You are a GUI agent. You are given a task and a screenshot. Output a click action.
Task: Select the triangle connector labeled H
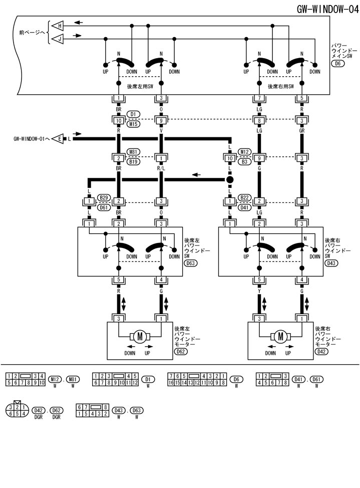58,25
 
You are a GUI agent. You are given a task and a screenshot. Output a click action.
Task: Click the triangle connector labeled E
59,139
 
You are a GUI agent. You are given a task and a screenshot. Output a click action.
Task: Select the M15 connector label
134,124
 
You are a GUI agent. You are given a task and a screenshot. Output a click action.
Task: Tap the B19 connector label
134,162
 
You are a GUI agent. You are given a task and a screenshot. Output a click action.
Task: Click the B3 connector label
244,162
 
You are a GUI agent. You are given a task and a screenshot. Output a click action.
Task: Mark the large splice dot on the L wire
230,179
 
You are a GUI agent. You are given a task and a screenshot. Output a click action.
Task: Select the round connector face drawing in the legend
18,410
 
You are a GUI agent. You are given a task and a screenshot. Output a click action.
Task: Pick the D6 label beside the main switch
338,64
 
